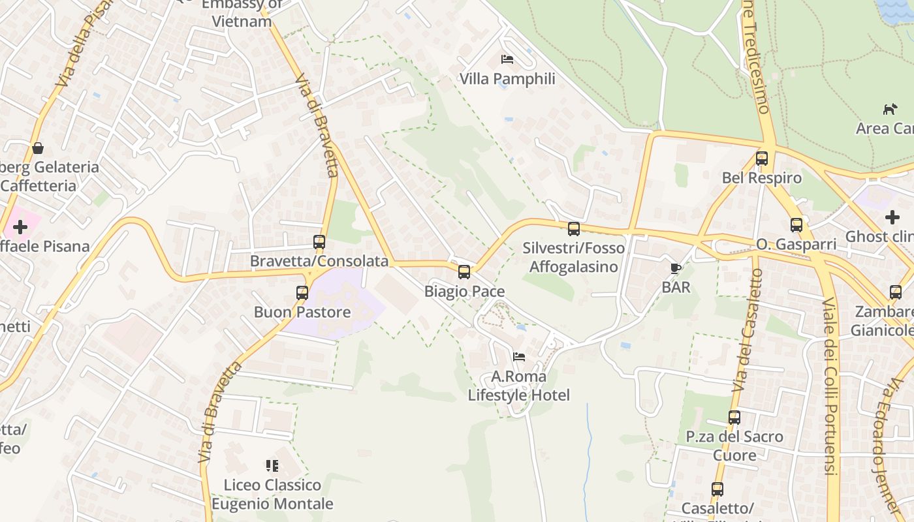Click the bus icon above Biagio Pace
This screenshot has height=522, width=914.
click(x=464, y=271)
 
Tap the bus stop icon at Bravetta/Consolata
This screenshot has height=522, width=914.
click(x=319, y=242)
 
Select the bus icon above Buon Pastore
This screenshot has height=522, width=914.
click(x=302, y=293)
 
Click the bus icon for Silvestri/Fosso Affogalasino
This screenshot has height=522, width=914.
click(x=574, y=229)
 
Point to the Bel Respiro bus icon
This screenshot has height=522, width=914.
click(x=762, y=159)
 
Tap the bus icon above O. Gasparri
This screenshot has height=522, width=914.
click(x=796, y=225)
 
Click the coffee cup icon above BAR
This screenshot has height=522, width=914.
click(x=676, y=268)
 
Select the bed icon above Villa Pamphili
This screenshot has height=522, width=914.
click(x=507, y=59)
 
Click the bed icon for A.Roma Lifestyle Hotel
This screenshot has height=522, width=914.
click(x=519, y=357)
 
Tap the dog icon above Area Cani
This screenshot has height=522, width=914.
click(x=890, y=109)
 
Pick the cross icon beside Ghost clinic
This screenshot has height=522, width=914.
click(x=892, y=217)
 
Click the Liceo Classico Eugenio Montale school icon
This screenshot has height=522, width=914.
click(x=272, y=466)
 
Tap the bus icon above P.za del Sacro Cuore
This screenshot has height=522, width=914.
click(x=734, y=418)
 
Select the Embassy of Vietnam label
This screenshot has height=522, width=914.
click(x=241, y=13)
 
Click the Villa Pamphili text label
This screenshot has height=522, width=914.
click(x=507, y=79)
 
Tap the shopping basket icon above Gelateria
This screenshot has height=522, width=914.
click(x=38, y=148)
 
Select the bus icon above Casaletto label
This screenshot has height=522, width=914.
click(x=717, y=489)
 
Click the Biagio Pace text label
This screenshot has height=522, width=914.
click(x=464, y=291)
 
